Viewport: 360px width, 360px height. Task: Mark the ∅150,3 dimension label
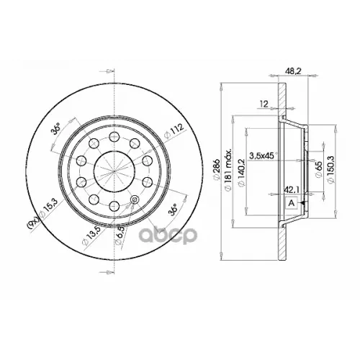(x=330, y=172)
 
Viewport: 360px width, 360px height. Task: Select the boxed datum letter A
(x=291, y=204)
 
